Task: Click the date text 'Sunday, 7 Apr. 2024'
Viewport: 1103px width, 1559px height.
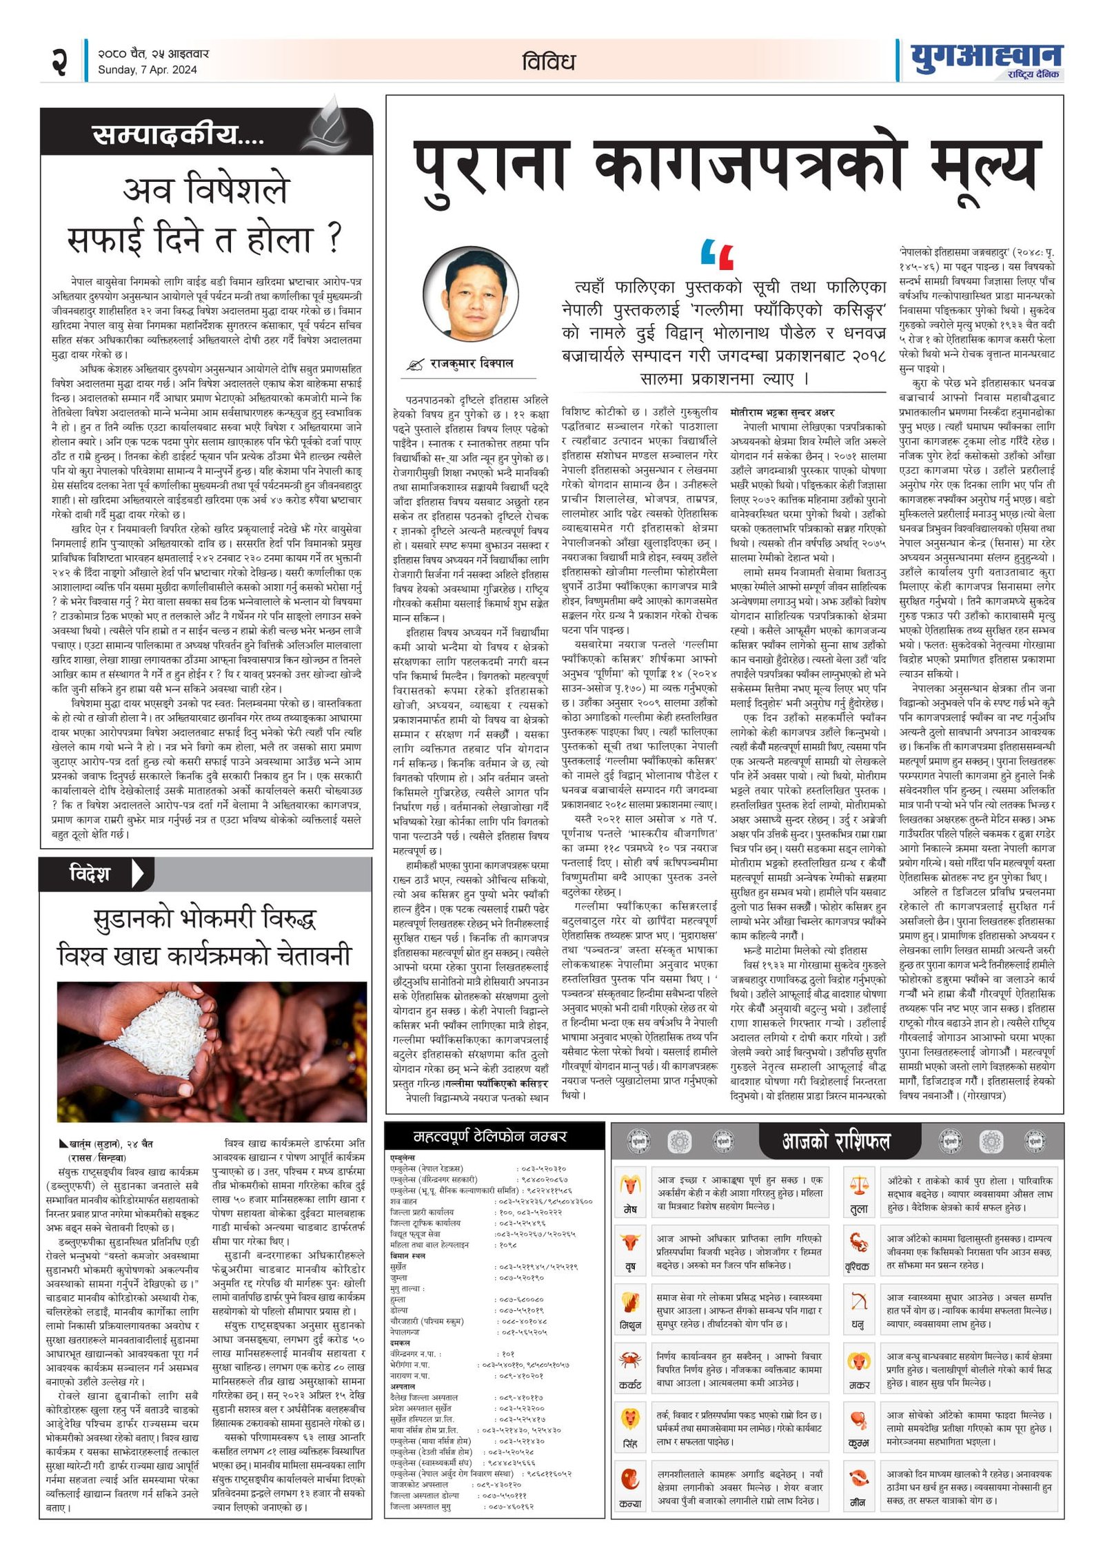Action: point(147,70)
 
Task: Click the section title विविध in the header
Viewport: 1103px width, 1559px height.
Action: point(548,62)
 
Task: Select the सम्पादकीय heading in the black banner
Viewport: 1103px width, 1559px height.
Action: point(178,134)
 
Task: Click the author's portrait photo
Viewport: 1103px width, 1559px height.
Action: point(471,300)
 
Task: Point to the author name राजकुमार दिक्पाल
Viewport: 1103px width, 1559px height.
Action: point(472,363)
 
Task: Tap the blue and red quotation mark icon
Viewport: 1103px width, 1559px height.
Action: point(717,254)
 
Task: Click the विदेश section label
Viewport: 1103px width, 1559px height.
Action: point(90,874)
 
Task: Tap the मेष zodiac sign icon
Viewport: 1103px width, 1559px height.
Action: point(630,1186)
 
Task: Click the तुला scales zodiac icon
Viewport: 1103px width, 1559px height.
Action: point(859,1186)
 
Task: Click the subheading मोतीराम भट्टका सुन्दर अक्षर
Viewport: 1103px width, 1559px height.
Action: point(782,413)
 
